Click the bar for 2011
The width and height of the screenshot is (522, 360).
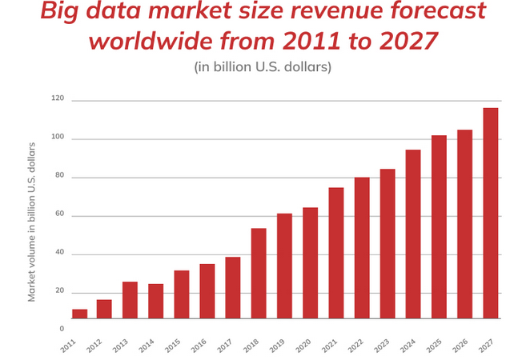[79, 314]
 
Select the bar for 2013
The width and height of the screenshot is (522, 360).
[130, 300]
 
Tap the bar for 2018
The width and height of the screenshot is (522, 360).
[259, 273]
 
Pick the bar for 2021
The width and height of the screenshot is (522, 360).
[336, 253]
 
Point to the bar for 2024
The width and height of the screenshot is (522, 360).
[413, 234]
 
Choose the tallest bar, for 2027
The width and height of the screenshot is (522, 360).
[491, 213]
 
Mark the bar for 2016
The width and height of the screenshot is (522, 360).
[207, 290]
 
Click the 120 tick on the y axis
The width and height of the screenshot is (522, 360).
[57, 98]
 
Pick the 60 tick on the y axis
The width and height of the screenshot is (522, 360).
[59, 214]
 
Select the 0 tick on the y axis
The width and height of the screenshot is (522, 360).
[62, 328]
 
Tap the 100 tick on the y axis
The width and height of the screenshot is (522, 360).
[57, 138]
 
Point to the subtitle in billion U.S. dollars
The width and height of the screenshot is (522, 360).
[263, 66]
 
